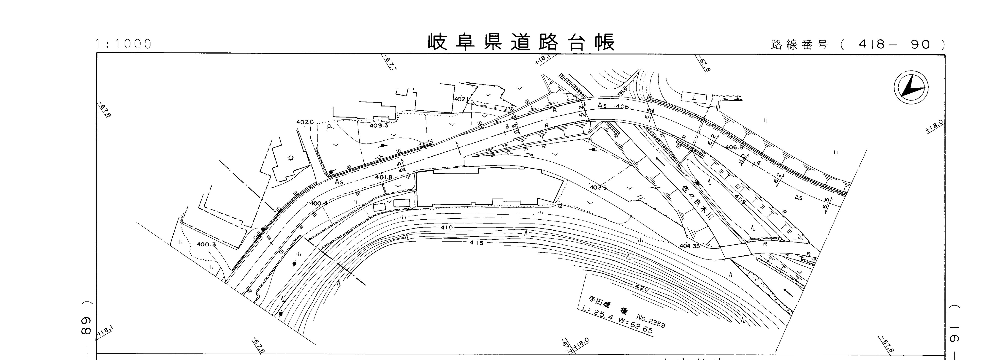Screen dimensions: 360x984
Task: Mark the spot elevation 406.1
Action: point(625,107)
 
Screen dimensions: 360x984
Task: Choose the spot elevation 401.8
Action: point(384,177)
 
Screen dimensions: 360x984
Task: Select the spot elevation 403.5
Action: point(598,188)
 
